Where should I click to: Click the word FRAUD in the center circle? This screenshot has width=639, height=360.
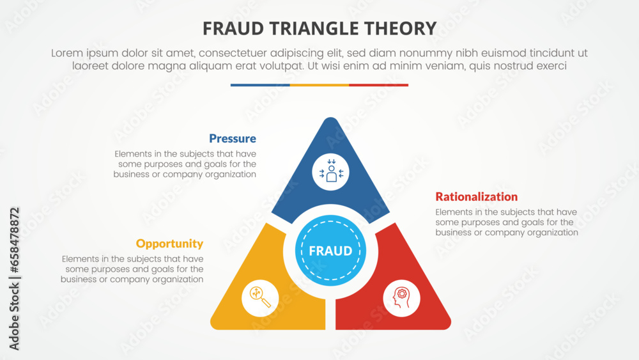(x=330, y=251)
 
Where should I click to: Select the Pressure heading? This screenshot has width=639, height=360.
(x=233, y=139)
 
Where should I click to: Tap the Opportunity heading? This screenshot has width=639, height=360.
(x=169, y=244)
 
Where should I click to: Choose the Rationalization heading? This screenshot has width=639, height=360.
(x=476, y=197)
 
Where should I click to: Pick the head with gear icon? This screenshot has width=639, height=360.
(x=401, y=297)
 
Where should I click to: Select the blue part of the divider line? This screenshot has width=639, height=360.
(x=260, y=85)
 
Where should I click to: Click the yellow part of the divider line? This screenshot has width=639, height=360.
(x=319, y=85)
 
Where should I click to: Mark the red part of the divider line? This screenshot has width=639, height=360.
(x=379, y=85)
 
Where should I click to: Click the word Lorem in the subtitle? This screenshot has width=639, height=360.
(x=69, y=54)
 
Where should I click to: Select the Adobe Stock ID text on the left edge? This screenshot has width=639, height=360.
(x=14, y=278)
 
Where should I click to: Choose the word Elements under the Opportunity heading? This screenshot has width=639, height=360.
(x=81, y=259)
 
